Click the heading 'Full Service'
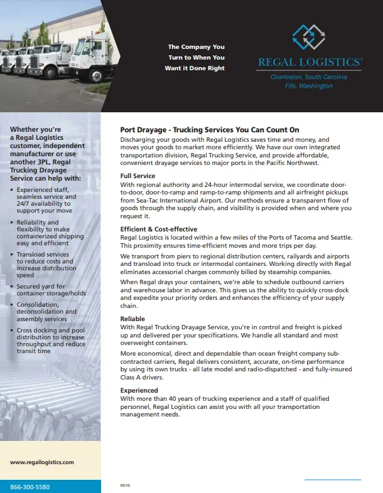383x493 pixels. tap(138, 176)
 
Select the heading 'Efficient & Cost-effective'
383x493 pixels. tap(158, 230)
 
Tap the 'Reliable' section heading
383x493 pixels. tap(132, 319)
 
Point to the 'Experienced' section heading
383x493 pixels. tap(139, 390)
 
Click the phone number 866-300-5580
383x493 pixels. tap(30, 487)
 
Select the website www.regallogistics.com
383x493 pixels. tap(42, 462)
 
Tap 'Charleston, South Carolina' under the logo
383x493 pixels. tap(308, 77)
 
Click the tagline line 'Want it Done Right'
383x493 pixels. tap(195, 68)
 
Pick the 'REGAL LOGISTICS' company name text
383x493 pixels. tap(310, 62)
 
